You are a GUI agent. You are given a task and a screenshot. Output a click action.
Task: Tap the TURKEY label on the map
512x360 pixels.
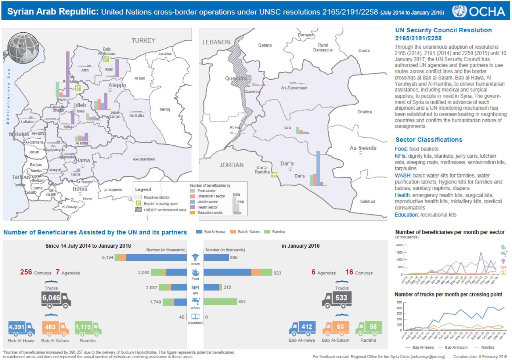pos(143,40)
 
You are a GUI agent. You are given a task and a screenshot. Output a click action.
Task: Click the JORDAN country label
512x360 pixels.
pos(231,165)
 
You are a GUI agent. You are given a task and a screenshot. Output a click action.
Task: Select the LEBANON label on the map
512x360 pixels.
pos(216,42)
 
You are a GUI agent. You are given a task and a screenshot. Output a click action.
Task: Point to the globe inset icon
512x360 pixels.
pos(24,48)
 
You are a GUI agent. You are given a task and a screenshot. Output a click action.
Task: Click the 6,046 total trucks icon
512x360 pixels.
pos(56,299)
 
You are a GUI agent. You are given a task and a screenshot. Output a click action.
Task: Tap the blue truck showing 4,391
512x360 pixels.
pos(21,328)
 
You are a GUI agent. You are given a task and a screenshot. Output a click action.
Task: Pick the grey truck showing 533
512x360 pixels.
pos(337,299)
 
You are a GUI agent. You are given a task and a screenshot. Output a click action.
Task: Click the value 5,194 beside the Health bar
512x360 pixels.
pos(108,258)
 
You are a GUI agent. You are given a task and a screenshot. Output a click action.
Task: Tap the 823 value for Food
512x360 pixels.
pos(277,273)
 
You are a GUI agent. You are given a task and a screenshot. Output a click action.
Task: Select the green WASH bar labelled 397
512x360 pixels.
pos(220,302)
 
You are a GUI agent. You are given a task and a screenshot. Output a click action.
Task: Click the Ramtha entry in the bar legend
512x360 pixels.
pos(278,232)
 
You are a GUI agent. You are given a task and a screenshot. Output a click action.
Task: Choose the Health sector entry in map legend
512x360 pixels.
pos(208,207)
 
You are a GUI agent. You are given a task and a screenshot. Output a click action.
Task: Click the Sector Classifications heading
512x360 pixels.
pos(429,140)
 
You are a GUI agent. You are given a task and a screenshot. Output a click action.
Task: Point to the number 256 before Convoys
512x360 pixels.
pos(26,272)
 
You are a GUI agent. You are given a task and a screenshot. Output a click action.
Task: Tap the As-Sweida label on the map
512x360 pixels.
pos(363,148)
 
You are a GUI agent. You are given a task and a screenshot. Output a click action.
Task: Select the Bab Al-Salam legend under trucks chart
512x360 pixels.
pos(456,347)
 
